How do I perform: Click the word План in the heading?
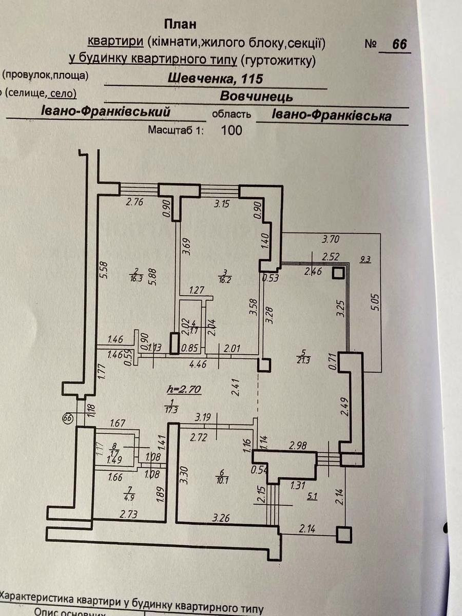click(180, 24)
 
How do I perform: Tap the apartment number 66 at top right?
click(399, 44)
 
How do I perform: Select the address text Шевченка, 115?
click(216, 79)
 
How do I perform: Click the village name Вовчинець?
click(256, 97)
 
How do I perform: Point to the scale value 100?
click(231, 130)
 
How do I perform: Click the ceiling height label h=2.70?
click(184, 390)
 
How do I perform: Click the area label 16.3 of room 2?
click(134, 278)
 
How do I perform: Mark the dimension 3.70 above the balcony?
click(331, 239)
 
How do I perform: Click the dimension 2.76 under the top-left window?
click(134, 202)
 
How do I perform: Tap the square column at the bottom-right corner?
click(344, 534)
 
